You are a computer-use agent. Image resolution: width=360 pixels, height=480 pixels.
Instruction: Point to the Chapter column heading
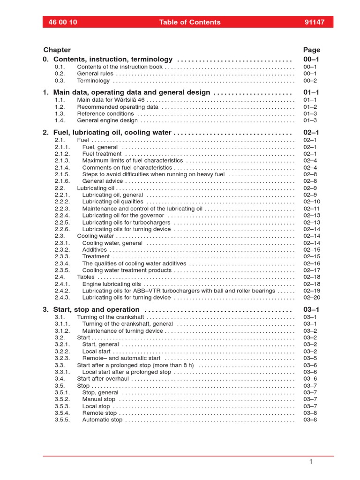tap(57, 50)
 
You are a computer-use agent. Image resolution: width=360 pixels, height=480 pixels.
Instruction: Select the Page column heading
tap(312, 50)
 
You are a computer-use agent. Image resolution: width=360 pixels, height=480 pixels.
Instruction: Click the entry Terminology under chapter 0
tap(94, 81)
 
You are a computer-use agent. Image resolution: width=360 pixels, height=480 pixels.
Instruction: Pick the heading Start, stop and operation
tap(96, 309)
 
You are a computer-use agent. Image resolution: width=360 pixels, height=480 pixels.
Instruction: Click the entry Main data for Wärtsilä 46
tap(111, 100)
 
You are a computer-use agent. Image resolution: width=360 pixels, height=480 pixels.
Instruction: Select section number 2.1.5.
tap(62, 174)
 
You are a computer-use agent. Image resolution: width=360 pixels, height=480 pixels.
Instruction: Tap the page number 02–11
tap(311, 209)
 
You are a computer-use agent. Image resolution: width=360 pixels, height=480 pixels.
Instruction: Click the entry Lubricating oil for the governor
tap(123, 216)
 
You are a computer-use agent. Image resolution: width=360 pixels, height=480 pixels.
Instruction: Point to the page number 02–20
tap(311, 298)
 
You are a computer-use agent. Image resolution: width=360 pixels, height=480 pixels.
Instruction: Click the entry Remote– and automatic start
tap(121, 358)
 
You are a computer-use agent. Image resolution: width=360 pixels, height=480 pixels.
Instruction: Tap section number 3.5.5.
tap(62, 420)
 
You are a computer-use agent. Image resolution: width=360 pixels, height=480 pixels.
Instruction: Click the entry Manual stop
tap(98, 399)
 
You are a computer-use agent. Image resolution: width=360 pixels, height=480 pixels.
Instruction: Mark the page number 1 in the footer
tap(310, 462)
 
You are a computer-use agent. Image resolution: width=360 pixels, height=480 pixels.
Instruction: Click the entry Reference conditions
tap(105, 113)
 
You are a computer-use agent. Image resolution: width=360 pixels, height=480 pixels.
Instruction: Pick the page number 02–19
tap(311, 291)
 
